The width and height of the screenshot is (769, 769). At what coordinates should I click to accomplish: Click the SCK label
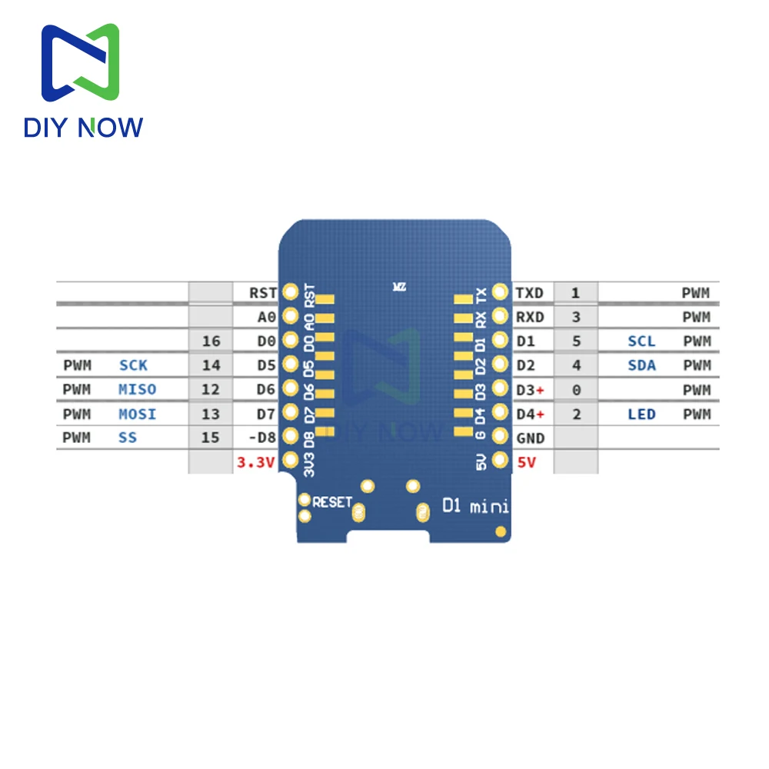(133, 365)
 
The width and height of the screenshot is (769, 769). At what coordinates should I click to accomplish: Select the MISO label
(138, 390)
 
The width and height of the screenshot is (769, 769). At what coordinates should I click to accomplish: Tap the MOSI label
(138, 414)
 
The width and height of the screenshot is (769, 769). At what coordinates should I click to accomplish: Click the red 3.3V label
(255, 462)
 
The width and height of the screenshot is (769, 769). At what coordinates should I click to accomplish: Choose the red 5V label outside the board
(527, 462)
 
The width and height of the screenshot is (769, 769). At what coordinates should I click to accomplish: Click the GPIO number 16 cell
(211, 341)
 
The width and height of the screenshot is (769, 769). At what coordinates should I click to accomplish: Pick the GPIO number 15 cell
(211, 438)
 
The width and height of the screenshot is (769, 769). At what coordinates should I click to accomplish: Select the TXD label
(529, 292)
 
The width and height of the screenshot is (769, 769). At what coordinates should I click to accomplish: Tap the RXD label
(529, 317)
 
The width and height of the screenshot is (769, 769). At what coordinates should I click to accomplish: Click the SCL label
(641, 341)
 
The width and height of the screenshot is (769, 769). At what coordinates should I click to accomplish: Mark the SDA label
(641, 365)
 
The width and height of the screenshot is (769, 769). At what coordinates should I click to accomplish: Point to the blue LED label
(641, 414)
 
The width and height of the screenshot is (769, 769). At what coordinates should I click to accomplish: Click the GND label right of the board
(531, 438)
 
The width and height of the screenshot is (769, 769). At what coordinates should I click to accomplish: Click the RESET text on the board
(332, 502)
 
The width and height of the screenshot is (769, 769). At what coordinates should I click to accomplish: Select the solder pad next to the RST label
(291, 291)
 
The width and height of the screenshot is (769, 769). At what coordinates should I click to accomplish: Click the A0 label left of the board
(266, 317)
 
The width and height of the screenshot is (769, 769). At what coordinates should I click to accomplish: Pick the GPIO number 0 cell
(576, 390)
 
